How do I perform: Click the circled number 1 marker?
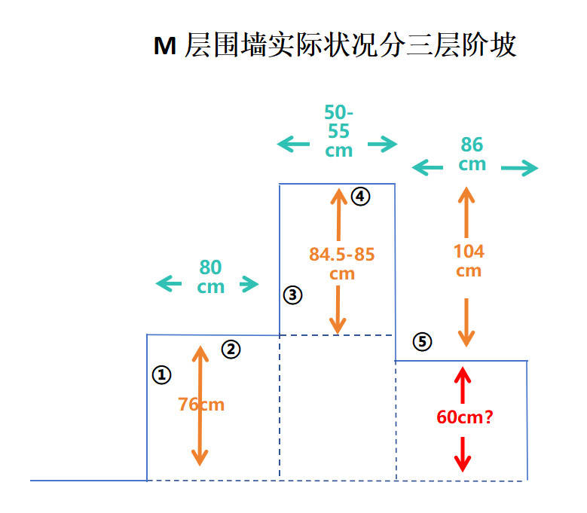(161, 374)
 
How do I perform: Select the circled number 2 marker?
(231, 349)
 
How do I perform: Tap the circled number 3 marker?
(292, 295)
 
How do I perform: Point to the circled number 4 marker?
(360, 197)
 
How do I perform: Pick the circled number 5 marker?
(423, 342)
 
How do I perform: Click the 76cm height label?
(201, 405)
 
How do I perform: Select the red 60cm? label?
(465, 417)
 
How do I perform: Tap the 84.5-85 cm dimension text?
(341, 263)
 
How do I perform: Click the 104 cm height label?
(469, 261)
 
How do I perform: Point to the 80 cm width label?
(211, 276)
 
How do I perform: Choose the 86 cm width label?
(472, 154)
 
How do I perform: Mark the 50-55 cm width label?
(339, 131)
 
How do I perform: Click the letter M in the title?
(164, 46)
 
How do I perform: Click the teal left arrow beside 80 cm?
(169, 284)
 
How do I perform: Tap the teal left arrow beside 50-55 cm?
(293, 144)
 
